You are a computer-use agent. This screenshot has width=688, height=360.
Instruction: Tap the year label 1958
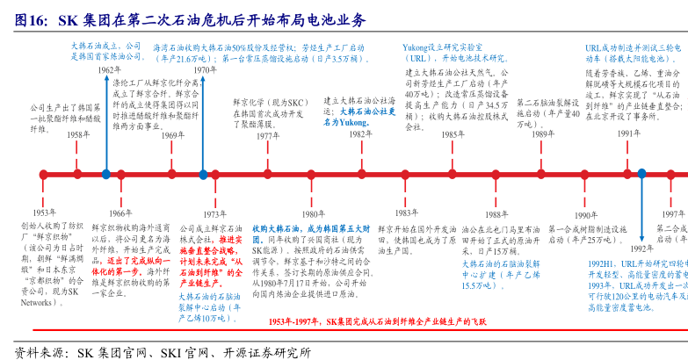coord(79,134)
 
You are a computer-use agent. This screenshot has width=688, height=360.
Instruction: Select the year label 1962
coord(109,69)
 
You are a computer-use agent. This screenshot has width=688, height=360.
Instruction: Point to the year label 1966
coord(120,213)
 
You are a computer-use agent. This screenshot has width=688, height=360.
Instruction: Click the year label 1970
coord(204,69)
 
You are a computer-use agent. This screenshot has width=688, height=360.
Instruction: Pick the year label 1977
coord(268,136)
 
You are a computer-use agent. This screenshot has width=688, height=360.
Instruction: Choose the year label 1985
coord(453,134)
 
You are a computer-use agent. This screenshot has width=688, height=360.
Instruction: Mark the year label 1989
coord(542,134)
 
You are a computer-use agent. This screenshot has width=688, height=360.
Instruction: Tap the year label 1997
coord(674,213)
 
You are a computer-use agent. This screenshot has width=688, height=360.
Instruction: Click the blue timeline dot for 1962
coord(105,175)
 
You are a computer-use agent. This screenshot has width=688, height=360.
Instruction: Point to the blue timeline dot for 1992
coord(642,175)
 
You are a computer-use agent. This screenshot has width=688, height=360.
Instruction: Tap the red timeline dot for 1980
coord(311,175)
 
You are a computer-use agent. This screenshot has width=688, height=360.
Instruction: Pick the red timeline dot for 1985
coord(452,175)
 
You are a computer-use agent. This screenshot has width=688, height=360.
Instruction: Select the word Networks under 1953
coord(37,301)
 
